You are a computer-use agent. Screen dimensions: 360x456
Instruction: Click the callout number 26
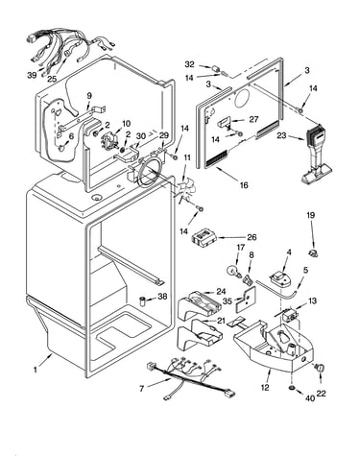(x=252, y=237)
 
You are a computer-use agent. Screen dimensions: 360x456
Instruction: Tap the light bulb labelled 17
(x=232, y=271)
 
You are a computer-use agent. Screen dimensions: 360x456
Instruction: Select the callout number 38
(x=162, y=297)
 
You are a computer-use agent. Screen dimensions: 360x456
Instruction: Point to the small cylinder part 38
(x=143, y=301)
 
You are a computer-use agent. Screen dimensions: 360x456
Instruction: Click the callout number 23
(x=281, y=136)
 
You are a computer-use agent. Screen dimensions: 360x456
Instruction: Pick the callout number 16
(x=244, y=185)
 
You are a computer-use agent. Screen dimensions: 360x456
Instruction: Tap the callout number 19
(x=311, y=215)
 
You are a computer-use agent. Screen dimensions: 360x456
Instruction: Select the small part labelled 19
(x=313, y=253)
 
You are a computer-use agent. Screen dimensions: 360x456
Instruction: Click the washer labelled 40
(x=292, y=388)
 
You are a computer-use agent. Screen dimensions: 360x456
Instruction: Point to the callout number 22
(x=321, y=394)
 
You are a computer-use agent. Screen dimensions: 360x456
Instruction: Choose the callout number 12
(x=265, y=388)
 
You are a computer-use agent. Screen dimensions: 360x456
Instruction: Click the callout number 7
(x=141, y=389)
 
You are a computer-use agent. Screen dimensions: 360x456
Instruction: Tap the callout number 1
(x=35, y=370)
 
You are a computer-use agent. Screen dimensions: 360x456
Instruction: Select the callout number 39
(x=32, y=75)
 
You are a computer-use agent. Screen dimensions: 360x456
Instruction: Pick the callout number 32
(x=189, y=64)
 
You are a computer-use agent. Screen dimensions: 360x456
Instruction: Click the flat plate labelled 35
(x=246, y=300)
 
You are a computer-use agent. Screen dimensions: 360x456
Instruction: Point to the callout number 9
(x=89, y=96)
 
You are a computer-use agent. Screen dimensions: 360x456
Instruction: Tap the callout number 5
(x=306, y=270)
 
